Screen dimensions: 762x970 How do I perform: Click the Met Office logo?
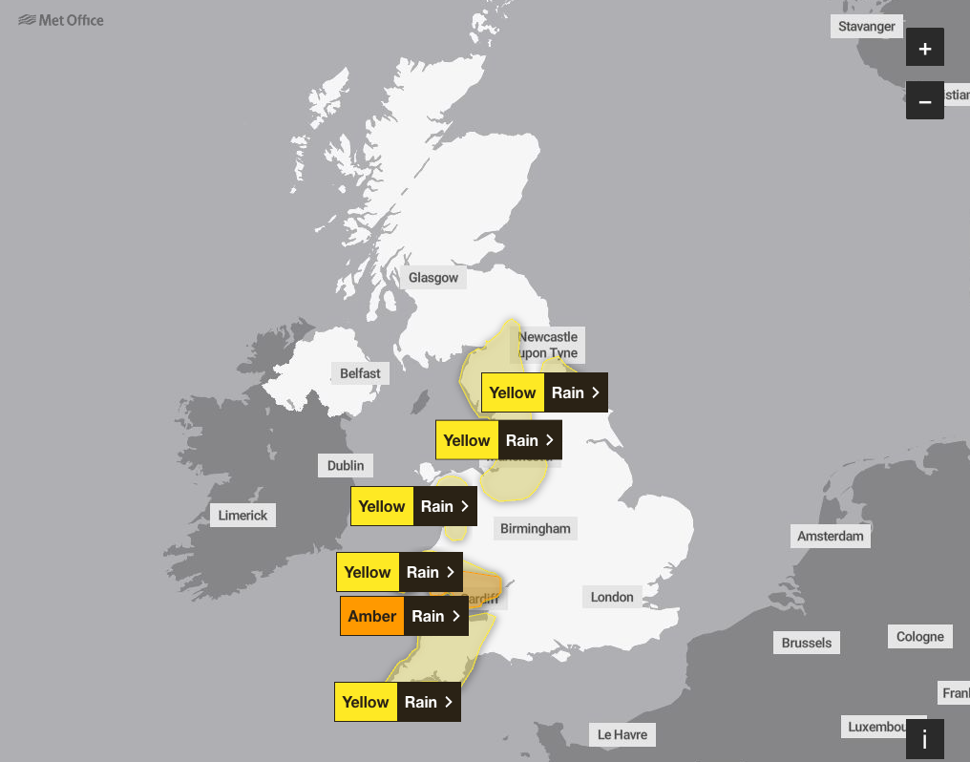pos(61,20)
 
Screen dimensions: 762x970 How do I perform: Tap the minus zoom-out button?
pos(924,101)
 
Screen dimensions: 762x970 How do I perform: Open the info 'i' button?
pos(924,738)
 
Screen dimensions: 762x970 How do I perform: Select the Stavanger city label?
pos(867,27)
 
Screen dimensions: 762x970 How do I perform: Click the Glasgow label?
pos(433,278)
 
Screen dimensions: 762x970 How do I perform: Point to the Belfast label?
pos(360,373)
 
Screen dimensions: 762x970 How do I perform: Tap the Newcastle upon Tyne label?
pos(548,344)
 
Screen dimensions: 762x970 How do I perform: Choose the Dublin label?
pos(346,465)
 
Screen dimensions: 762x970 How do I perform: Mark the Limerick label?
pos(243,515)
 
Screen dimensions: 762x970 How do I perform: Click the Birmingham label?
pos(536,528)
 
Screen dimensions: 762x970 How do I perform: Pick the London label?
pos(612,597)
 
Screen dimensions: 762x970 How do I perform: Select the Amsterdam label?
pos(831,536)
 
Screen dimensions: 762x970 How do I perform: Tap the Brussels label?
pos(807,643)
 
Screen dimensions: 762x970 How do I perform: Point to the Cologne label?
pos(920,637)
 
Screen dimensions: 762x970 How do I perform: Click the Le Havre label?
pos(622,734)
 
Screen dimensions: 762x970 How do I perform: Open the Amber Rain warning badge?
pos(404,616)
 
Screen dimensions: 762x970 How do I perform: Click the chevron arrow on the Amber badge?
pos(455,616)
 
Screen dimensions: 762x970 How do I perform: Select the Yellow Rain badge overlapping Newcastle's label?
pos(544,392)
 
